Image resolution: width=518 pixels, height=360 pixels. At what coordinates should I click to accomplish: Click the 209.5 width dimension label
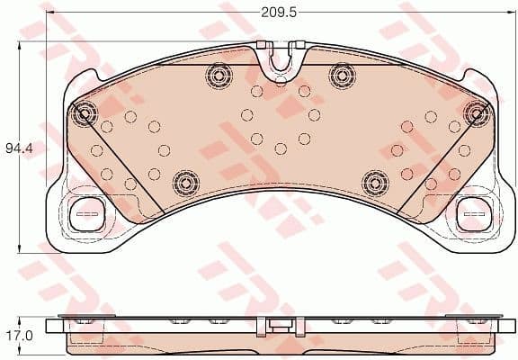279,13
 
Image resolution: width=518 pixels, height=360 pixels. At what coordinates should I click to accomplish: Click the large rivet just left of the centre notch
217,76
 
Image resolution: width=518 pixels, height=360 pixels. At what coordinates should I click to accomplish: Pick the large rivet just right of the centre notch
340,76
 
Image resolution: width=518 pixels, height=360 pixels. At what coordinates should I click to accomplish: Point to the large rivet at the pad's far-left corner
85,113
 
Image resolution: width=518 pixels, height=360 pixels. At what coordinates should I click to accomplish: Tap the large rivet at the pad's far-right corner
474,112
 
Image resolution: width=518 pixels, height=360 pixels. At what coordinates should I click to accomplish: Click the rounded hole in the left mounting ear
87,214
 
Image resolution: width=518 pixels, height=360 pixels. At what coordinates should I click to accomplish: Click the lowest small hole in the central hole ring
280,148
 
